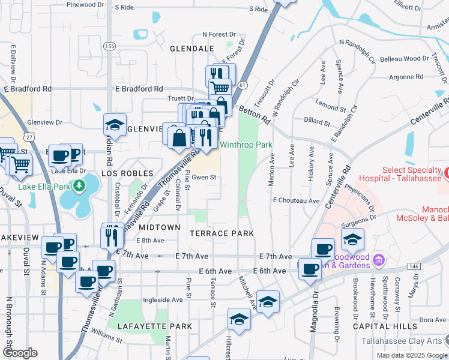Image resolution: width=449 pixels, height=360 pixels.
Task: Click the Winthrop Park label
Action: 246,145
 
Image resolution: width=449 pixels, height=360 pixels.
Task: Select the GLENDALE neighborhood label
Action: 192,48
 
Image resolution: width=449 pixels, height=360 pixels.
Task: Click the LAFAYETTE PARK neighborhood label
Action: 155,326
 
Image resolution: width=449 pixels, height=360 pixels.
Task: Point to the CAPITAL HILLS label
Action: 393,326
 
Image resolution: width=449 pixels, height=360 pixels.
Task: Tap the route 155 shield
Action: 109,46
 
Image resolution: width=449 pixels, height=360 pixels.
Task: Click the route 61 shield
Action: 242,86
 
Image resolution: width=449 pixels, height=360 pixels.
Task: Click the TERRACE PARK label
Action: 221,233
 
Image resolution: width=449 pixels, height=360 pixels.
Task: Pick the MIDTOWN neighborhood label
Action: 160,227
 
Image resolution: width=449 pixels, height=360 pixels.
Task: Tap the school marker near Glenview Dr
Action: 115,125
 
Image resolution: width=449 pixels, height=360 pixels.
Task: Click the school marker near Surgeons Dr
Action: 352,238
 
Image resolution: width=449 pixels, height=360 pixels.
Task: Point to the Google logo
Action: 20,353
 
